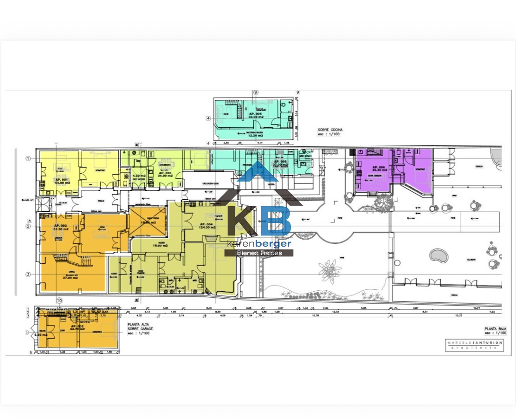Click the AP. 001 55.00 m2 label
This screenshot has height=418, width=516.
coord(61,181)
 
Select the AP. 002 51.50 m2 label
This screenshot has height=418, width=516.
coord(61,228)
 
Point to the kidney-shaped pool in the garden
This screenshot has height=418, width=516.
coord(437,255)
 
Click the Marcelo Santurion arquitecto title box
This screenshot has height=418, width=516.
coord(474,346)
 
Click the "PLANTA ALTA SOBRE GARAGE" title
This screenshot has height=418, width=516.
coord(139,329)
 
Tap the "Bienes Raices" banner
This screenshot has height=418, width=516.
coord(259,253)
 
